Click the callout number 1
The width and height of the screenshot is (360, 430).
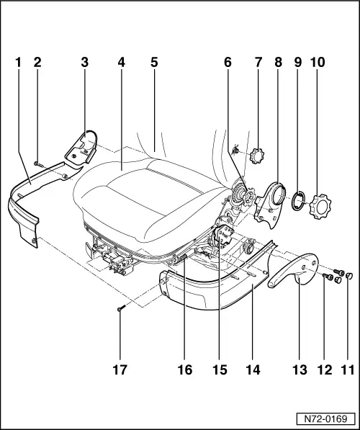point(18,62)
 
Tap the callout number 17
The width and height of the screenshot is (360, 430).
point(120,369)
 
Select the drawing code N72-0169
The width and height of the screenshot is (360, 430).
point(325,419)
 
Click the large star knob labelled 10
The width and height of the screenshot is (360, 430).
point(320,206)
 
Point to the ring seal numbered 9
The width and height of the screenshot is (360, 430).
point(298,201)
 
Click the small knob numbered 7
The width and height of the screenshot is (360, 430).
point(256,156)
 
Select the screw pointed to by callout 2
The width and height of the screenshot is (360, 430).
point(38,164)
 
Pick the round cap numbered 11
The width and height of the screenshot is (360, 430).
point(348,275)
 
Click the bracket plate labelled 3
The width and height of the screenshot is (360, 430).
point(81,148)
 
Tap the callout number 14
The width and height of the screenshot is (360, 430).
point(253,369)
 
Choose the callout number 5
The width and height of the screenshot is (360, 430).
point(154,62)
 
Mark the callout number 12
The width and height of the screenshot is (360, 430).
point(325,369)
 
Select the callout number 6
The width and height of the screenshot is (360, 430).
point(228,62)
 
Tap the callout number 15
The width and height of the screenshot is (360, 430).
point(220,369)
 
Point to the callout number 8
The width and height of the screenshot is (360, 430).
point(278,62)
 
